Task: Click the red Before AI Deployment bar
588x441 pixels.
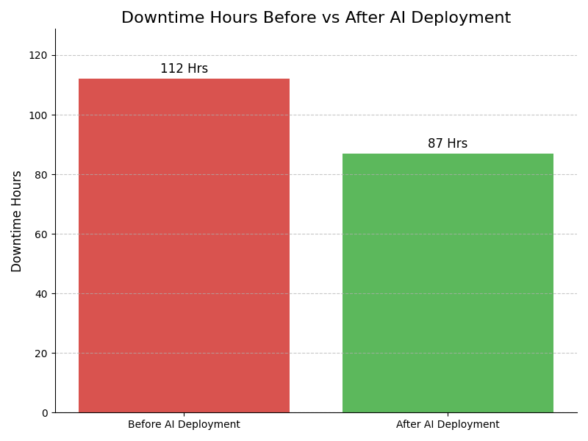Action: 184,245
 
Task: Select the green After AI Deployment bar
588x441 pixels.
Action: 448,283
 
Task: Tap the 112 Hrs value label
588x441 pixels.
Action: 184,69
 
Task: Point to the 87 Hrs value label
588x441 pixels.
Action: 448,144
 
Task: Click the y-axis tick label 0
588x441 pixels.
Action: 44,413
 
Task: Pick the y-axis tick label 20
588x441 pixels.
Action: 41,354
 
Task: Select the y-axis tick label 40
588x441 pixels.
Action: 41,294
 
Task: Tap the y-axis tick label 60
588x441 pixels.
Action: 41,234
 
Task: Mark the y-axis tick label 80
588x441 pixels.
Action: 41,175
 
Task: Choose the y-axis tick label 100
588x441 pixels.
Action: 38,115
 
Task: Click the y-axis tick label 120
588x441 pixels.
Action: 38,56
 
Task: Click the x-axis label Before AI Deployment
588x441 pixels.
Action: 184,425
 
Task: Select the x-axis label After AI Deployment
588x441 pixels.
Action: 448,425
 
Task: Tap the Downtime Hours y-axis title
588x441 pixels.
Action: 17,221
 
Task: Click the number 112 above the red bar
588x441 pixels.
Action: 171,69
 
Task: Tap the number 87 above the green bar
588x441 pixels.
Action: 435,144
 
